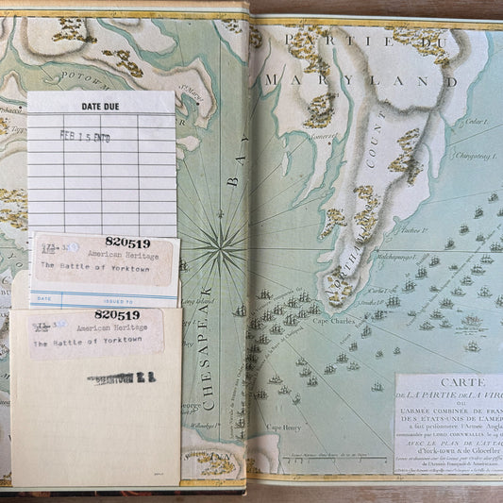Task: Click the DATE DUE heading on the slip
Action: (101, 106)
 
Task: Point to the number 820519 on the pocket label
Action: (117, 315)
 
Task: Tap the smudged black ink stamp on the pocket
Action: (121, 378)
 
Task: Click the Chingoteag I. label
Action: (475, 157)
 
